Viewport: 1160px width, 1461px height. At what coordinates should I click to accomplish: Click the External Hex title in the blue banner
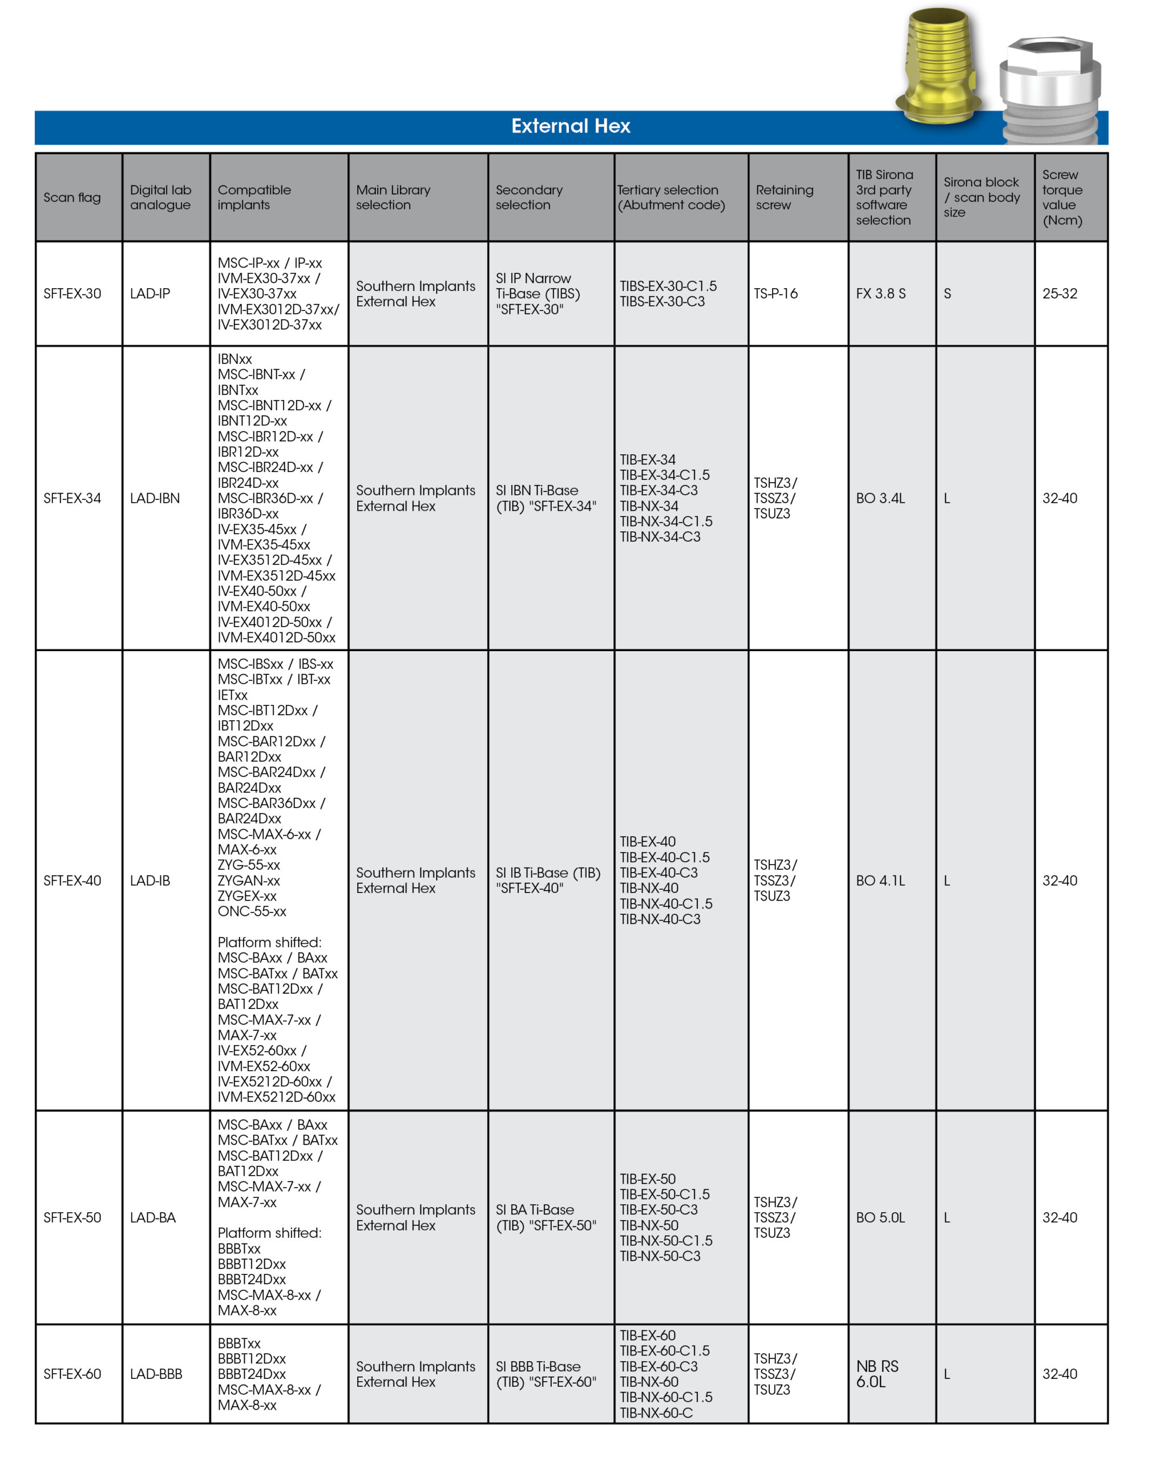click(x=571, y=126)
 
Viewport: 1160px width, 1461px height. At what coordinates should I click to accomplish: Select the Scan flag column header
click(x=72, y=197)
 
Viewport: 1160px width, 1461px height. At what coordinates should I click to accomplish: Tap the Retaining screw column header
click(x=784, y=197)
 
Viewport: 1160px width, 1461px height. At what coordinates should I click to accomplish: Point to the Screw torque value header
click(x=1062, y=197)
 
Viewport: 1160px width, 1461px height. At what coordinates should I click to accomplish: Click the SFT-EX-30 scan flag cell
click(x=72, y=293)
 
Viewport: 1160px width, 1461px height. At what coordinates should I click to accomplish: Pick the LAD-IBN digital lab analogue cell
click(x=155, y=498)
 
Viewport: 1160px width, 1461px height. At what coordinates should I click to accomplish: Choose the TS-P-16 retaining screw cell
click(x=776, y=293)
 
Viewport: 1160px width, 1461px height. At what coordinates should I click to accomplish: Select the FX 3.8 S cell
click(x=880, y=293)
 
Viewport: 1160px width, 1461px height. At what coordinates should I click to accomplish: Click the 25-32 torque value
click(x=1059, y=293)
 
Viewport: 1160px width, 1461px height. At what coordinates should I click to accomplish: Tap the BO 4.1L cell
click(x=880, y=880)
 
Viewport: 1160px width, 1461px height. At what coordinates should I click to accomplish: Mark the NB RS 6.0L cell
click(x=877, y=1374)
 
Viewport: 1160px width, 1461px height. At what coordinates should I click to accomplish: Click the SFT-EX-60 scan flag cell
click(x=72, y=1374)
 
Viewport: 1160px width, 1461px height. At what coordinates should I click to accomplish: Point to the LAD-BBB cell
click(x=156, y=1374)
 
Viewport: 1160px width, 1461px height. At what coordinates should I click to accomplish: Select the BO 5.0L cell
click(x=880, y=1217)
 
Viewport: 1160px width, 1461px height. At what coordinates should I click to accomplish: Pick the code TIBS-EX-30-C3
click(x=662, y=301)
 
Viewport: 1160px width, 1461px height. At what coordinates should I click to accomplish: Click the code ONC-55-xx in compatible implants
click(x=252, y=911)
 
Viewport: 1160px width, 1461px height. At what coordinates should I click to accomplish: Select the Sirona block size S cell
click(x=947, y=293)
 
